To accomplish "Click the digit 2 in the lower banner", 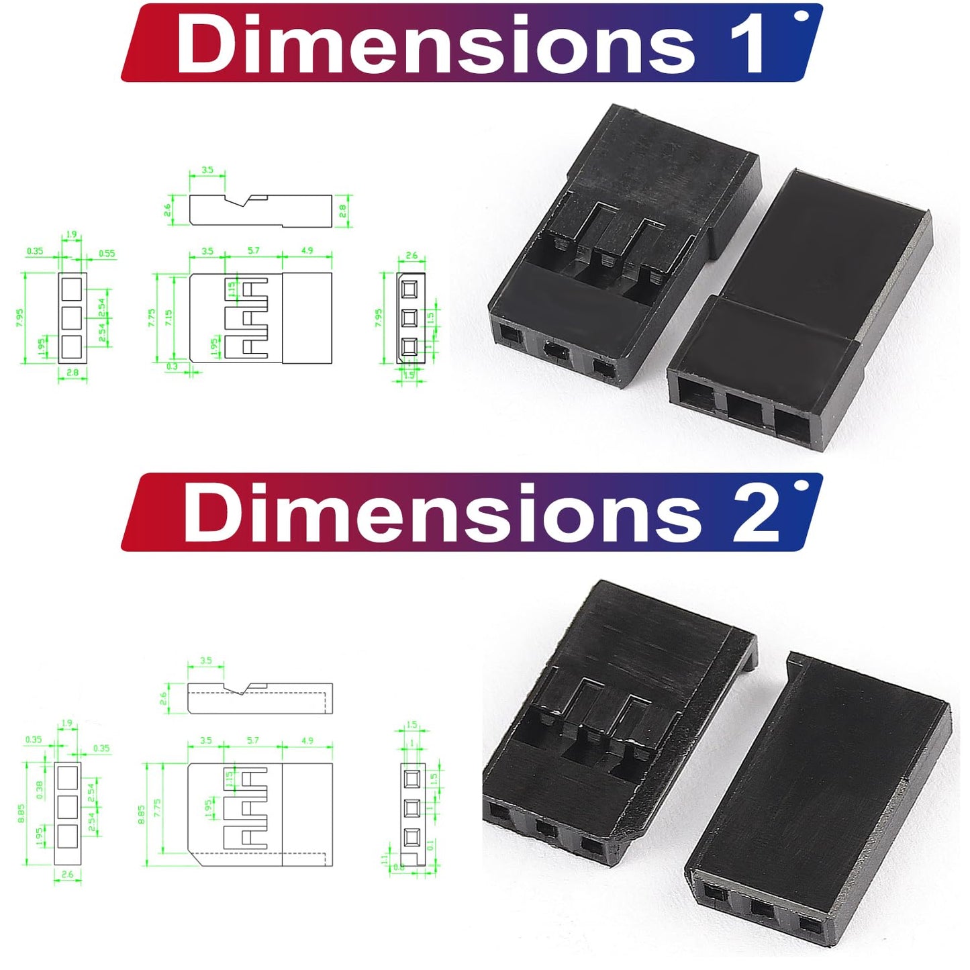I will (756, 514).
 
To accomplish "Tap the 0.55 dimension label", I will (107, 254).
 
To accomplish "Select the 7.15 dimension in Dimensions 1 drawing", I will (168, 317).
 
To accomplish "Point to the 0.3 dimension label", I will (172, 367).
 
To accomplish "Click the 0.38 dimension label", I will (39, 789).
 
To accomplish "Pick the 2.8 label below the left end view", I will (72, 372).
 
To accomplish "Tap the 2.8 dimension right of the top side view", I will (342, 211).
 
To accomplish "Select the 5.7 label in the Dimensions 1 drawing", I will (253, 251).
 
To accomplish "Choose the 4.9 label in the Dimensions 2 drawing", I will (307, 740).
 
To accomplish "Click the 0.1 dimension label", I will (430, 844).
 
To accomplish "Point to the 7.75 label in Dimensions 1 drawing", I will (152, 317).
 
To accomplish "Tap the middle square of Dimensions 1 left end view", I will (72, 318).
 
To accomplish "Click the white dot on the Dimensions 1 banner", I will (799, 15).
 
